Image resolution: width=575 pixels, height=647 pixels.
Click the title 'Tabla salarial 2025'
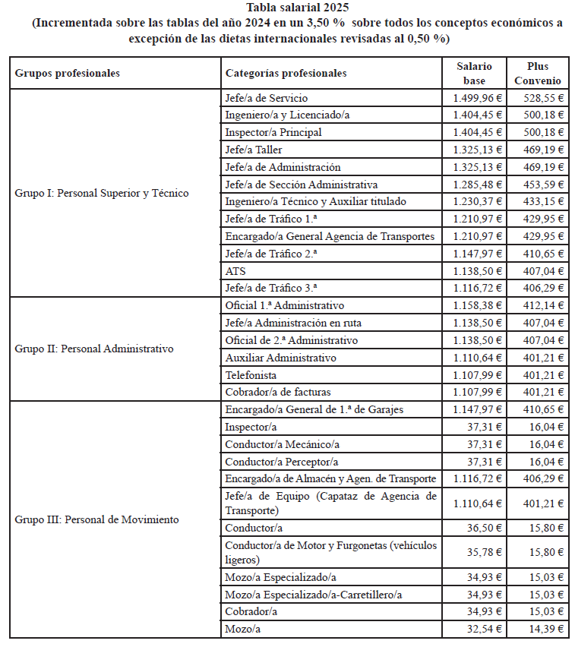pyautogui.click(x=287, y=8)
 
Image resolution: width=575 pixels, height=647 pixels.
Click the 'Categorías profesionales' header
pyautogui.click(x=286, y=73)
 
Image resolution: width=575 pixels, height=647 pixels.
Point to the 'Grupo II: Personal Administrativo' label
pyautogui.click(x=94, y=349)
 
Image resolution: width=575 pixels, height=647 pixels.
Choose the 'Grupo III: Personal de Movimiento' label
pyautogui.click(x=97, y=519)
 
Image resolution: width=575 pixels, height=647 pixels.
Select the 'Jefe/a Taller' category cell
pyautogui.click(x=254, y=150)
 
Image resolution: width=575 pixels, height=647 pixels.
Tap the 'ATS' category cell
pyautogui.click(x=235, y=271)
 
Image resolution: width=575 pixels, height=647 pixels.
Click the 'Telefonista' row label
pyautogui.click(x=251, y=375)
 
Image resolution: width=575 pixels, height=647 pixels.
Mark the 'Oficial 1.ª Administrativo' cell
pyautogui.click(x=285, y=305)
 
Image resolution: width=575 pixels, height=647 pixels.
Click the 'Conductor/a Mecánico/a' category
pyautogui.click(x=283, y=444)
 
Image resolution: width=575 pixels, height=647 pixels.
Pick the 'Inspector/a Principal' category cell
pyautogui.click(x=273, y=132)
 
